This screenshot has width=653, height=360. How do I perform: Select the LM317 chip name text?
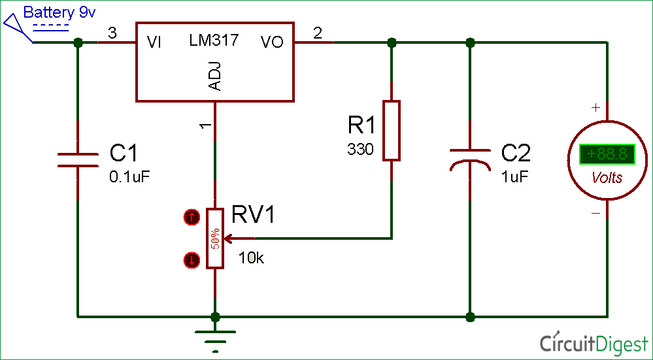(214, 41)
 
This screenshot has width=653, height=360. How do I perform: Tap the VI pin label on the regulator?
(154, 42)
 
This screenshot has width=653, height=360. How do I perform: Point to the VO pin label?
(272, 42)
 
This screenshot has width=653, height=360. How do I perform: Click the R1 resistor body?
(391, 131)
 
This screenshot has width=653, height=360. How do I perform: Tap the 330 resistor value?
(360, 150)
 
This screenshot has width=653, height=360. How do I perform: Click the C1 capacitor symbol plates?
(78, 160)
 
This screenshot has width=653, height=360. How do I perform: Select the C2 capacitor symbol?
(469, 159)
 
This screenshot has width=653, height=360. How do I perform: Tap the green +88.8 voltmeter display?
(607, 154)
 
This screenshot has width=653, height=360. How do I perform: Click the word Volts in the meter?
(607, 178)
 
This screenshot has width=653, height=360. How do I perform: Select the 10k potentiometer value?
(251, 258)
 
